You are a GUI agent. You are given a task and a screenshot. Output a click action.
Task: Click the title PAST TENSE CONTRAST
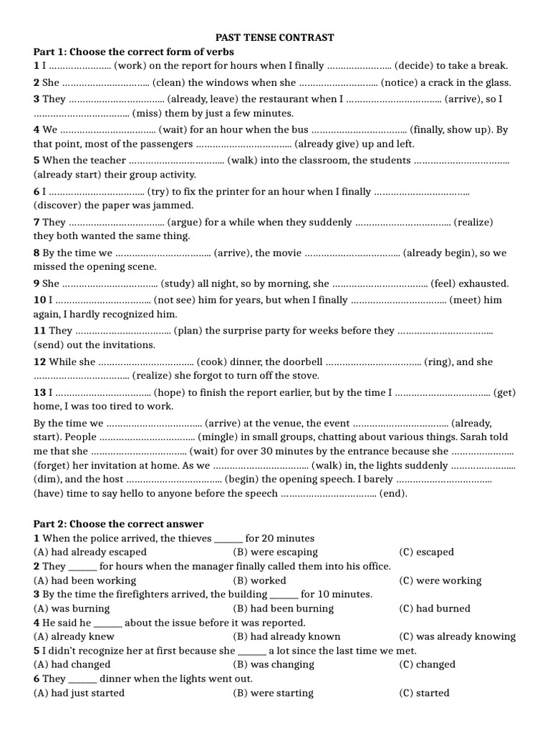point(276,37)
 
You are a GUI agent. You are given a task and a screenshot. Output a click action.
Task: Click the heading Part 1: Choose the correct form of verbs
point(134,52)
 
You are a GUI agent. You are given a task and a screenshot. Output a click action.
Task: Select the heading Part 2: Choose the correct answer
point(118,524)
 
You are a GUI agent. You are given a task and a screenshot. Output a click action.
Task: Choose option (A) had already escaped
point(90,552)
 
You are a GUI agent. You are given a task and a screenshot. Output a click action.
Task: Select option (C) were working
point(440,581)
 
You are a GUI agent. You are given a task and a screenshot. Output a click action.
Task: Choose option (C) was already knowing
point(457,636)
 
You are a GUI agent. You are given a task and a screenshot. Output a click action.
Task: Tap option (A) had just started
point(79,693)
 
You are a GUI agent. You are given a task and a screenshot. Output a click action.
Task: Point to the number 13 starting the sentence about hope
point(39,392)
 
